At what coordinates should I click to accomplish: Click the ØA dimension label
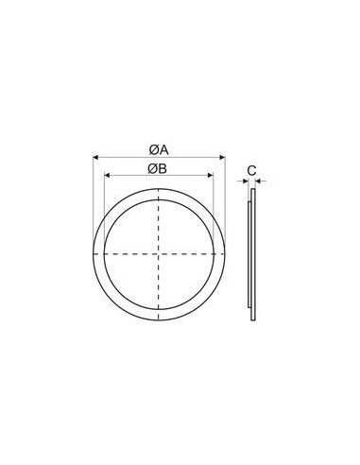[158, 149]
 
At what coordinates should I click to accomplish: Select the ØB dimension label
[158, 169]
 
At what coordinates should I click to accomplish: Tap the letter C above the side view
[251, 169]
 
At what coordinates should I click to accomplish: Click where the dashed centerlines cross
[159, 255]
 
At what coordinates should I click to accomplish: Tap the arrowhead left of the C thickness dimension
[245, 179]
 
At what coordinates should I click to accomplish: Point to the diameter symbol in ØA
[153, 149]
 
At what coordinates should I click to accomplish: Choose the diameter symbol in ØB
[153, 169]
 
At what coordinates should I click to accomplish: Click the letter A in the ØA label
[163, 149]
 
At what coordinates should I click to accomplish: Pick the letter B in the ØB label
[163, 169]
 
